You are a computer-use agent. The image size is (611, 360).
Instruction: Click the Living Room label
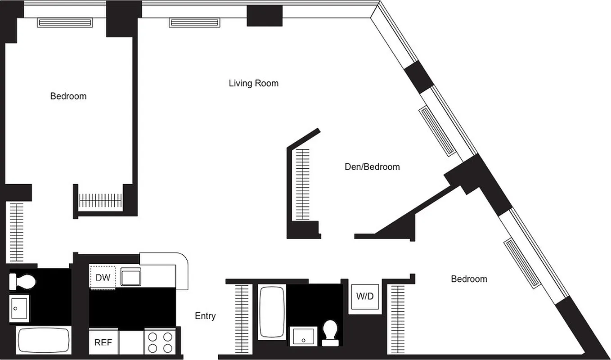(253, 83)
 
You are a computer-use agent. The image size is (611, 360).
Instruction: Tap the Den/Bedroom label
(372, 167)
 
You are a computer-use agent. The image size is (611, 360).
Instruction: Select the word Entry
(205, 316)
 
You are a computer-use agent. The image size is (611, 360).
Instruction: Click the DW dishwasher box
(103, 277)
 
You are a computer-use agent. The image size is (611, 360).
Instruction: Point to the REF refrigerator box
(103, 342)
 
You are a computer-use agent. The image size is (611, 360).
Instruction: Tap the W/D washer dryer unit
(365, 297)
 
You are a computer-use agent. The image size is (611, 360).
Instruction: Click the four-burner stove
(160, 342)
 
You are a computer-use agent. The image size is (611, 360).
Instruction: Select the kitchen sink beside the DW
(131, 276)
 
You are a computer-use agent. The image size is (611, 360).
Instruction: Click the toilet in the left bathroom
(21, 282)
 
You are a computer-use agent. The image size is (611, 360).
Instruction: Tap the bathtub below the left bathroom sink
(44, 341)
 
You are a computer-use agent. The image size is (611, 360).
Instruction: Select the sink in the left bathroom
(19, 308)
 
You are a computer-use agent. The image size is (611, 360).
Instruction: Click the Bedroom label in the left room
(68, 96)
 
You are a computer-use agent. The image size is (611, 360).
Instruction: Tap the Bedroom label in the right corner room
(469, 279)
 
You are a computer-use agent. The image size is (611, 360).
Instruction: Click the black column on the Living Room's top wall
(265, 16)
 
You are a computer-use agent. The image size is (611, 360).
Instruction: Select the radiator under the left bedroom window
(65, 22)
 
